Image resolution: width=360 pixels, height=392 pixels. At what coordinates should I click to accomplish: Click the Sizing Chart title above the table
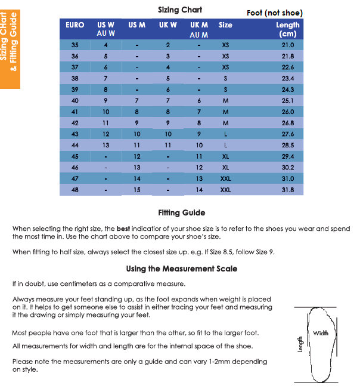[180, 10]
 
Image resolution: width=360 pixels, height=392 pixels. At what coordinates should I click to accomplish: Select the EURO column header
[75, 25]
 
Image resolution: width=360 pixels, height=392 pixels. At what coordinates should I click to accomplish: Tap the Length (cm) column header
[288, 29]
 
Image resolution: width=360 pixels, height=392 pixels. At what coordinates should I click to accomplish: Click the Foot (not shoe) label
[274, 13]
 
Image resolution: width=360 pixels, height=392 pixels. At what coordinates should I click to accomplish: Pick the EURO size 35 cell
[75, 45]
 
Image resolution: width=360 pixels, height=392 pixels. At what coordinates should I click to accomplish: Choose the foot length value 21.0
[288, 45]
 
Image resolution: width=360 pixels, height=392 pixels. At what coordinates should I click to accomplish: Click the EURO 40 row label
[75, 100]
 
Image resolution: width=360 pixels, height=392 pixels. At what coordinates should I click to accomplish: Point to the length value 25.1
[288, 100]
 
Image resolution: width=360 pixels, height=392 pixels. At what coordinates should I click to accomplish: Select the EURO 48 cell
[75, 190]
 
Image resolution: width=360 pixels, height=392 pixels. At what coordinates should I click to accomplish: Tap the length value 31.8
[288, 190]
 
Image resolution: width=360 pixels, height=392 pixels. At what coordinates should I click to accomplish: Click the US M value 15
[136, 190]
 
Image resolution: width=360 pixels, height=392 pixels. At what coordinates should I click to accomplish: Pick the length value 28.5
[288, 145]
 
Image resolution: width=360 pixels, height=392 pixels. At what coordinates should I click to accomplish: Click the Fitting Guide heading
[181, 212]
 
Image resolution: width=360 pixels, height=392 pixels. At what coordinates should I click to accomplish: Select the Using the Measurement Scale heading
[181, 268]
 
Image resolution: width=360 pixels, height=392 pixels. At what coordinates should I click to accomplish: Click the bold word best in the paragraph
[123, 229]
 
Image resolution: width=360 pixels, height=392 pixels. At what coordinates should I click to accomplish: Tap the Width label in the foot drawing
[320, 333]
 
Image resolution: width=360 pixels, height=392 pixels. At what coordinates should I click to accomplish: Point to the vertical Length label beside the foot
[301, 342]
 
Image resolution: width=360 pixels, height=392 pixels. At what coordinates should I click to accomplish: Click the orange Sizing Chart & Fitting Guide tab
[10, 45]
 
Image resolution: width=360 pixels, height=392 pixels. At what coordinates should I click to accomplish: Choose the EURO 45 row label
[75, 156]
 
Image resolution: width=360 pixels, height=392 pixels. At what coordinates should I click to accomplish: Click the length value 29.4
[288, 156]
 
